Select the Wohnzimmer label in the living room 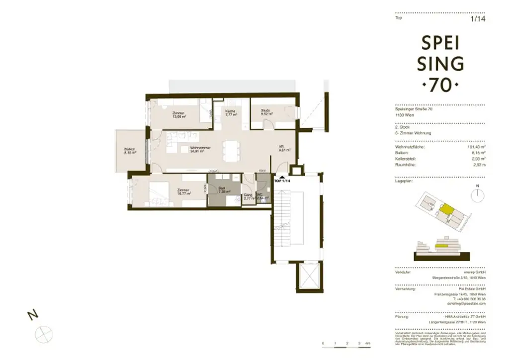pos(199,149)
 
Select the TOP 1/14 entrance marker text pos(282,181)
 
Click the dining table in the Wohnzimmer pos(229,149)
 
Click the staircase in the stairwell pos(284,219)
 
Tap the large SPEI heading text pos(442,44)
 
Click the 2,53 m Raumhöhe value pos(479,164)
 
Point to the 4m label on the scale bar pos(367,344)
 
